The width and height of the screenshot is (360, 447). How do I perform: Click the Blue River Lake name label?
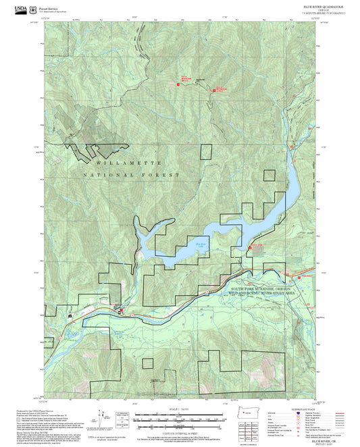[x=201, y=236]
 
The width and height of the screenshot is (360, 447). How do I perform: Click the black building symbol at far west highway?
[x=71, y=315]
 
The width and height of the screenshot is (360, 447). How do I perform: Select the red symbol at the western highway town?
[x=120, y=311]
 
